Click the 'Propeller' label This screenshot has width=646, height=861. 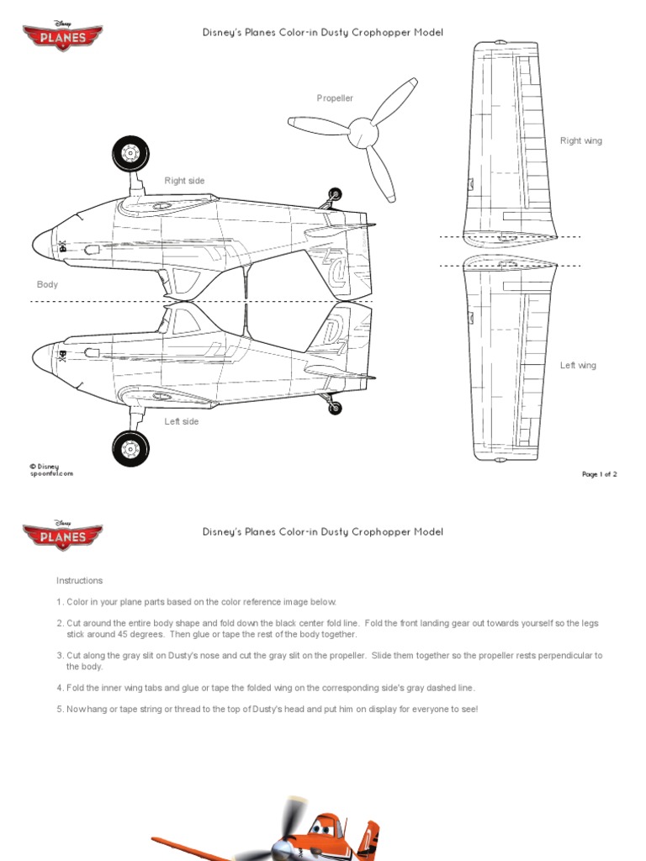click(335, 98)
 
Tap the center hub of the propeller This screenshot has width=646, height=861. click(363, 130)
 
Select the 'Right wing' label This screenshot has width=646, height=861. click(581, 141)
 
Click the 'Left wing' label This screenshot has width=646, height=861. click(578, 366)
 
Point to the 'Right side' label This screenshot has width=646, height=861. click(184, 181)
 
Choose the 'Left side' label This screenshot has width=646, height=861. click(182, 421)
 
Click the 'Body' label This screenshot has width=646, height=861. click(47, 285)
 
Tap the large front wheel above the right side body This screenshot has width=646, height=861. click(130, 154)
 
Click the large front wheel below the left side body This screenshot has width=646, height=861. click(130, 448)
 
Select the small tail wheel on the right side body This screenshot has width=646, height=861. click(335, 194)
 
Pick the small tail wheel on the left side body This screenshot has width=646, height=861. click(335, 408)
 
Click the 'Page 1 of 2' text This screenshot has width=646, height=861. click(599, 474)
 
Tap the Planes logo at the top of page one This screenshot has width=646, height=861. click(62, 37)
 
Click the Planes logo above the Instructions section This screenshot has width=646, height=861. click(62, 535)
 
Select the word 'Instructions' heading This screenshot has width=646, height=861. click(79, 581)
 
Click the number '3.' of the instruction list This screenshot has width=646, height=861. click(60, 655)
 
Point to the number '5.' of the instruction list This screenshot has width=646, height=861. click(60, 710)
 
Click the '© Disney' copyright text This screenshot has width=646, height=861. click(44, 466)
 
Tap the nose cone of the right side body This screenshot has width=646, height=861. click(41, 244)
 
